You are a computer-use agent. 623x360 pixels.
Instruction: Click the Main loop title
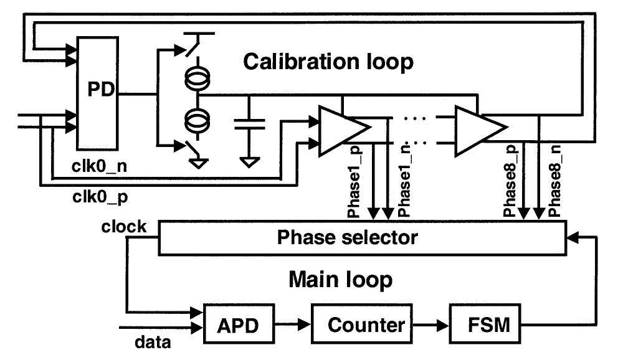point(340,280)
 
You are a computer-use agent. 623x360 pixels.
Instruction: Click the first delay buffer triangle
point(341,130)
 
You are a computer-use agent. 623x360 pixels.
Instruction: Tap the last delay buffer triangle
point(479,130)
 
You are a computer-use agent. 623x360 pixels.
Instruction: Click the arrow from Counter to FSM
point(432,325)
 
